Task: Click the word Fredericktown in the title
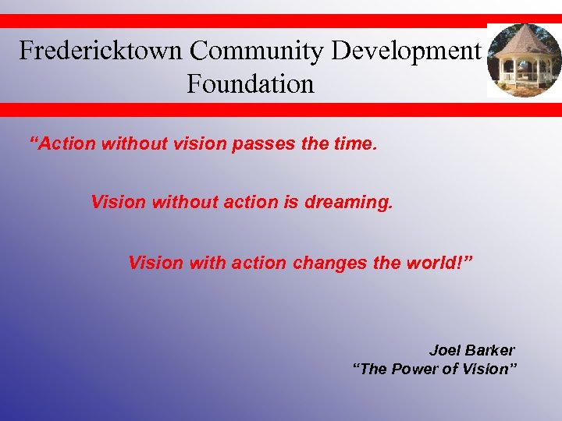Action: click(101, 51)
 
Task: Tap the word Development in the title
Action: click(406, 51)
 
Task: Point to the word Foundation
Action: click(250, 83)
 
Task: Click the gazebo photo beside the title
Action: click(524, 62)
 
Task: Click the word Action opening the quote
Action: click(64, 143)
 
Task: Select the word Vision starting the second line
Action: click(118, 203)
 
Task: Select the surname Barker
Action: click(491, 350)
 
